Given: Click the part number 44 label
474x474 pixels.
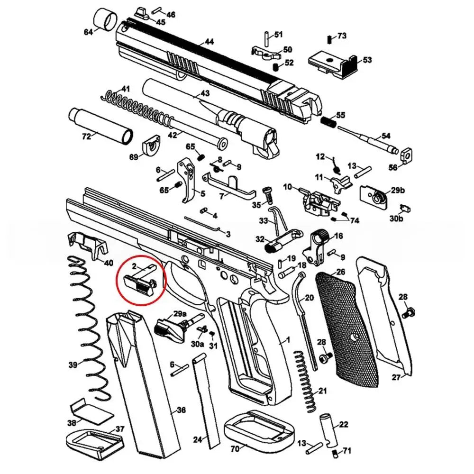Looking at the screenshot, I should [x=209, y=42].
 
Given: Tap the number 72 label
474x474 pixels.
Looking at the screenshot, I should [x=86, y=137].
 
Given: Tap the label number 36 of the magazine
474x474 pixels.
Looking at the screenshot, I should [x=181, y=410].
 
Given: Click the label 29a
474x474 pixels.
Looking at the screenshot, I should [x=180, y=314].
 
